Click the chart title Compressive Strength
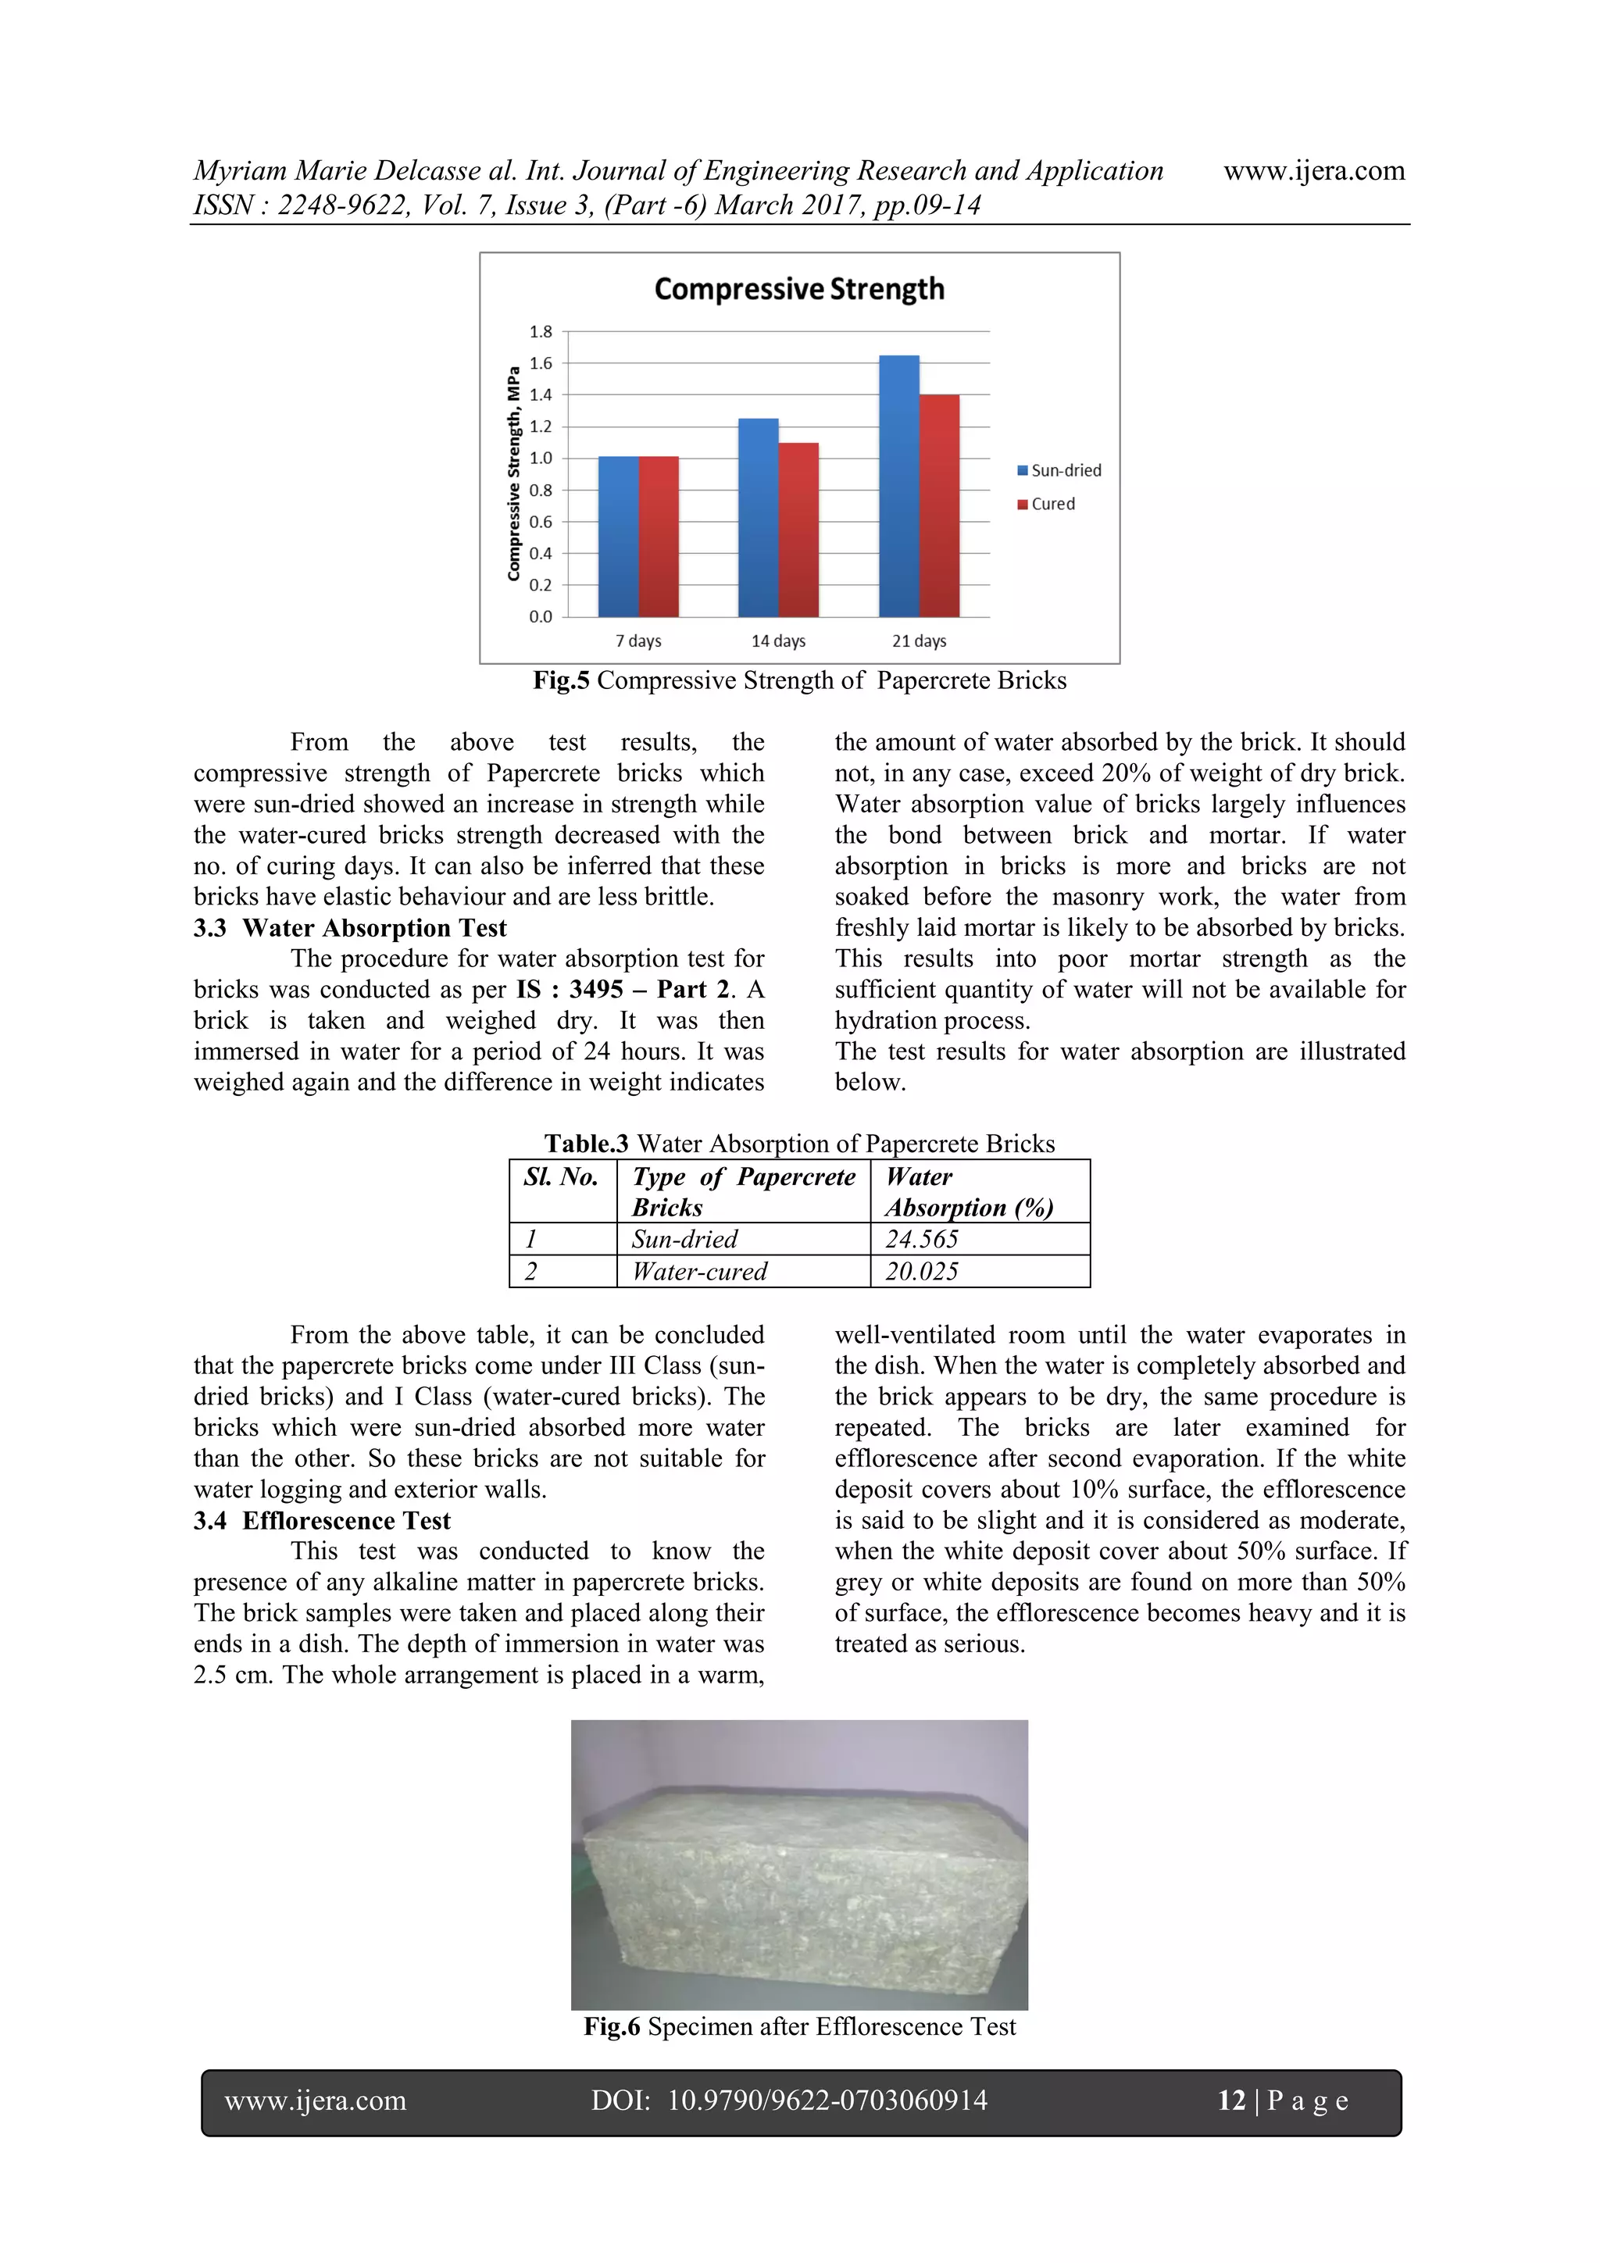click(798, 289)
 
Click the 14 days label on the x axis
click(778, 641)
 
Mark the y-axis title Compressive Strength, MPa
click(513, 473)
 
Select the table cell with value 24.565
click(922, 1239)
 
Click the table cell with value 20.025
click(922, 1272)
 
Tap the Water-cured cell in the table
click(699, 1272)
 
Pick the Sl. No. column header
click(561, 1177)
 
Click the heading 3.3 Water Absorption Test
click(350, 927)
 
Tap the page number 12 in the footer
click(1231, 2101)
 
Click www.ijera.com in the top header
click(1313, 170)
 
